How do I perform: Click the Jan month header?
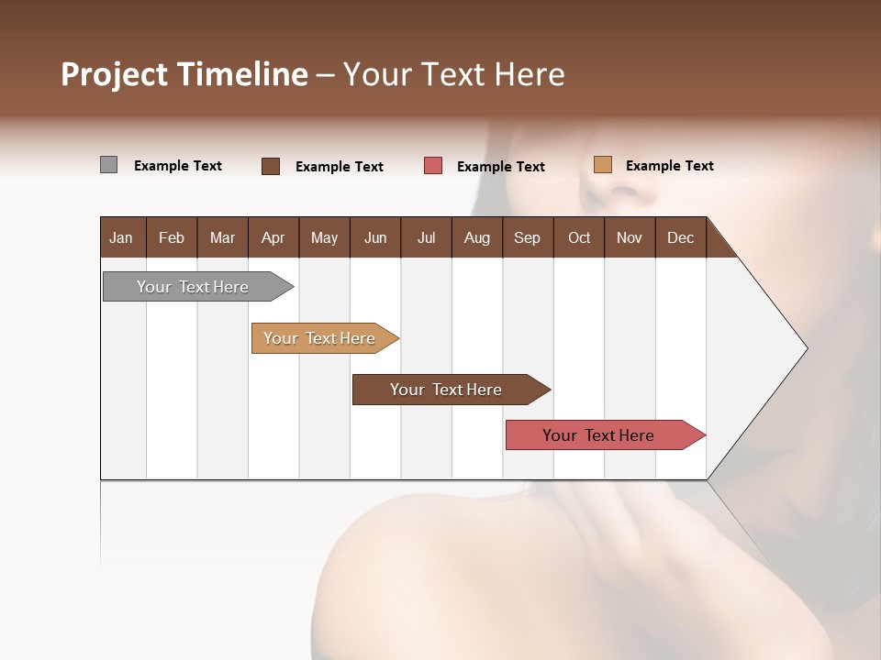(121, 237)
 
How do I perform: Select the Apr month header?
(273, 237)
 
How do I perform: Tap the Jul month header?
(426, 237)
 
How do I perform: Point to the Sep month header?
(527, 237)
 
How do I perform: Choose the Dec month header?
(680, 237)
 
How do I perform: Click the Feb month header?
(172, 237)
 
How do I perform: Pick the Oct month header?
(579, 237)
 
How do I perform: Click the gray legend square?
(108, 165)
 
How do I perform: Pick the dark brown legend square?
(271, 166)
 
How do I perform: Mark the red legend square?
(433, 166)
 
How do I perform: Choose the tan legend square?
(603, 165)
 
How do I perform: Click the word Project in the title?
(115, 75)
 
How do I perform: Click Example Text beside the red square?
(500, 167)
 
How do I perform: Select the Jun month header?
(375, 237)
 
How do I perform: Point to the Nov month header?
(630, 237)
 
